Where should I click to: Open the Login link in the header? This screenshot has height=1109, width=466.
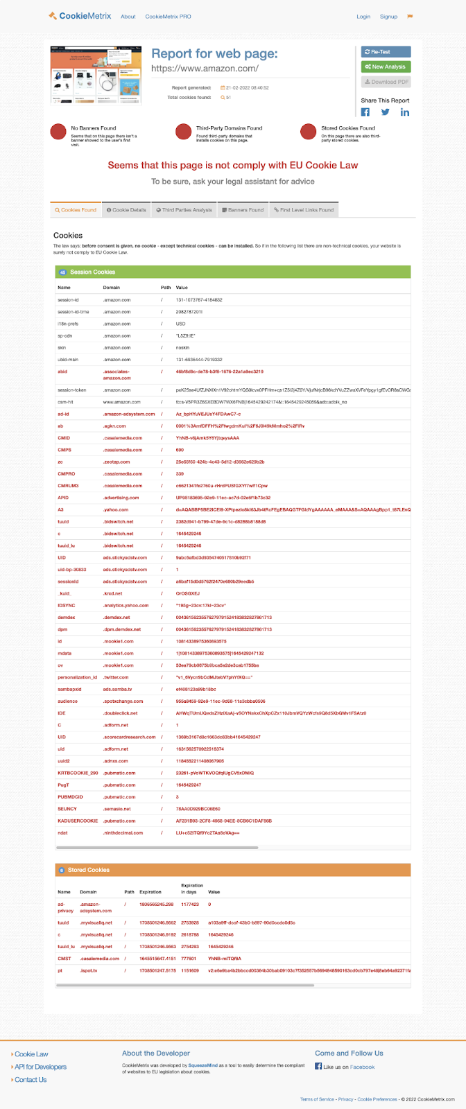(363, 17)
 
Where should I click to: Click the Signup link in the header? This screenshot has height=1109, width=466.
(388, 17)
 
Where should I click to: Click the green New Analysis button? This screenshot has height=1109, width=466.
(386, 67)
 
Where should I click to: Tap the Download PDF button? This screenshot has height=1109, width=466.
(386, 82)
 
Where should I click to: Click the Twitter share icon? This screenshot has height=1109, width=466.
(385, 112)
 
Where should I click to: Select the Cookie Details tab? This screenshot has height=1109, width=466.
(126, 210)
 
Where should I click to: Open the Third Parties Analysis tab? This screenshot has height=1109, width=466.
(184, 210)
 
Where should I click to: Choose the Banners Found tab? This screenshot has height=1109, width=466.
(242, 210)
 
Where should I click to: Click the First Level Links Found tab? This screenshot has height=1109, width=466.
(304, 210)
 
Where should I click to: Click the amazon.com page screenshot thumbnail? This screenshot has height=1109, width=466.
(96, 75)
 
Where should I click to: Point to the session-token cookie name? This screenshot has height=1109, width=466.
(71, 390)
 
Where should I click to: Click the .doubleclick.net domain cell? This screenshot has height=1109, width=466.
(120, 713)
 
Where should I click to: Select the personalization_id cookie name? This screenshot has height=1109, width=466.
(78, 677)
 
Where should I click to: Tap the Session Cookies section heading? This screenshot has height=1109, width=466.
(92, 272)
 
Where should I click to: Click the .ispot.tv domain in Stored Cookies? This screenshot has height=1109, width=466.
(89, 971)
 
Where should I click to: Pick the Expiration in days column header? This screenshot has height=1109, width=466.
(192, 889)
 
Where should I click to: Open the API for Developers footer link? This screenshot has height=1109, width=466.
(41, 1067)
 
